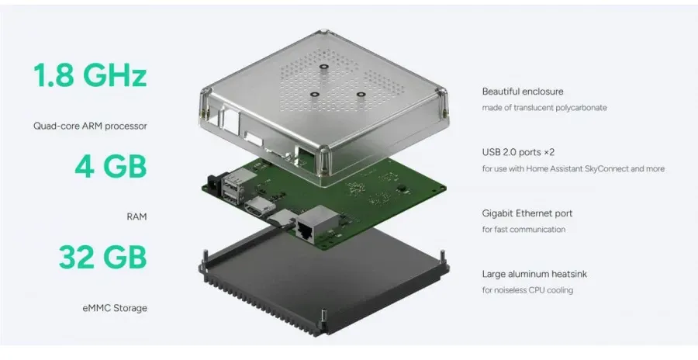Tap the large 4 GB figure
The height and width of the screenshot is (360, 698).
click(110, 166)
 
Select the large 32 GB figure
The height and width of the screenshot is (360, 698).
click(103, 257)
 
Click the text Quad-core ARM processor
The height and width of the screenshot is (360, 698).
click(90, 126)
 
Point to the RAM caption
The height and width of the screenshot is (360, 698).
click(136, 217)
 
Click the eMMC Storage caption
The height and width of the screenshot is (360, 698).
click(115, 308)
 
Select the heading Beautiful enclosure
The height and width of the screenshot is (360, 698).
click(523, 92)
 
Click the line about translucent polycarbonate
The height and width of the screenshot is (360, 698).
click(544, 108)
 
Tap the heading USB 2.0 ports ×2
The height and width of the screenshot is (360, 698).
click(518, 152)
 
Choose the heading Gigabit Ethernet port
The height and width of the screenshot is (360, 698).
click(527, 213)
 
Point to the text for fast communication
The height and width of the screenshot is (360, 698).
click(523, 230)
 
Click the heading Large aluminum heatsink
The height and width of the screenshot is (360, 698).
click(534, 274)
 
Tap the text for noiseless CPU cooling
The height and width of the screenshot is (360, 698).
click(527, 290)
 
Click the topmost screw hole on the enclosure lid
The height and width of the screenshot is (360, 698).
click(323, 67)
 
